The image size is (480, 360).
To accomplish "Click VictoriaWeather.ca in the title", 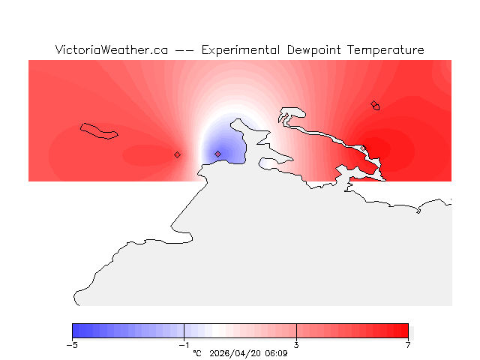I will pos(110,50).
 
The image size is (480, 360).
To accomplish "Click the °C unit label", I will pos(197,352).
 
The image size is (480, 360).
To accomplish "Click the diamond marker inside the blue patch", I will pos(217,154).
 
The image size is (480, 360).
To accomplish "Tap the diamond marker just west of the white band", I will pos(177,154).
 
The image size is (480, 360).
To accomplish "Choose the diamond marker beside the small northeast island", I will pos(373,104).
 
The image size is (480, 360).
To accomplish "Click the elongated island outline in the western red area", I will pos(100,130).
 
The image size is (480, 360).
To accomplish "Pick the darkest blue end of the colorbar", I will pos(75,331).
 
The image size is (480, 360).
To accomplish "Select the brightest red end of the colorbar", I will pos(405,331).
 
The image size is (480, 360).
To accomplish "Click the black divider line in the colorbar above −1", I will pos(184,331).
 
